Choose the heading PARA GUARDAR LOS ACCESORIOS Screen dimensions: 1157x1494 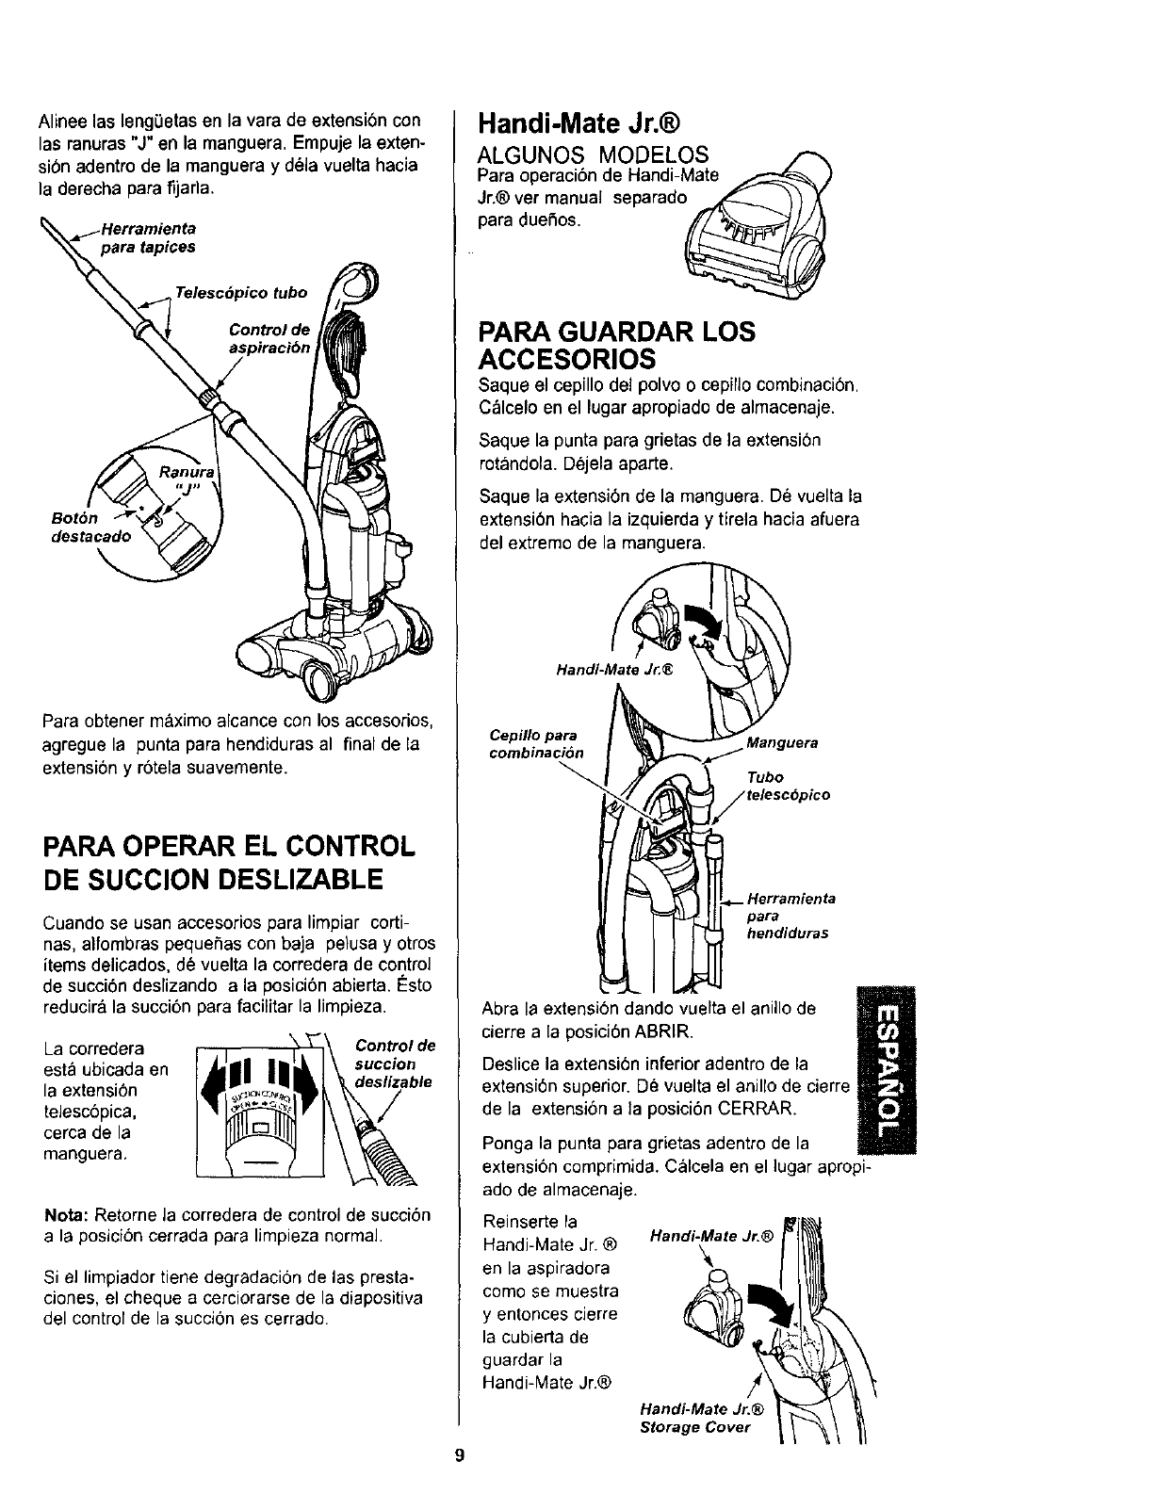point(617,345)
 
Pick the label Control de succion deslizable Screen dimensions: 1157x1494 point(395,1064)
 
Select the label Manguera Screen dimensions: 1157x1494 point(782,742)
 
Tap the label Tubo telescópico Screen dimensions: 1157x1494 point(788,787)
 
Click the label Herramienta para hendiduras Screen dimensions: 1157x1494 point(790,917)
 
